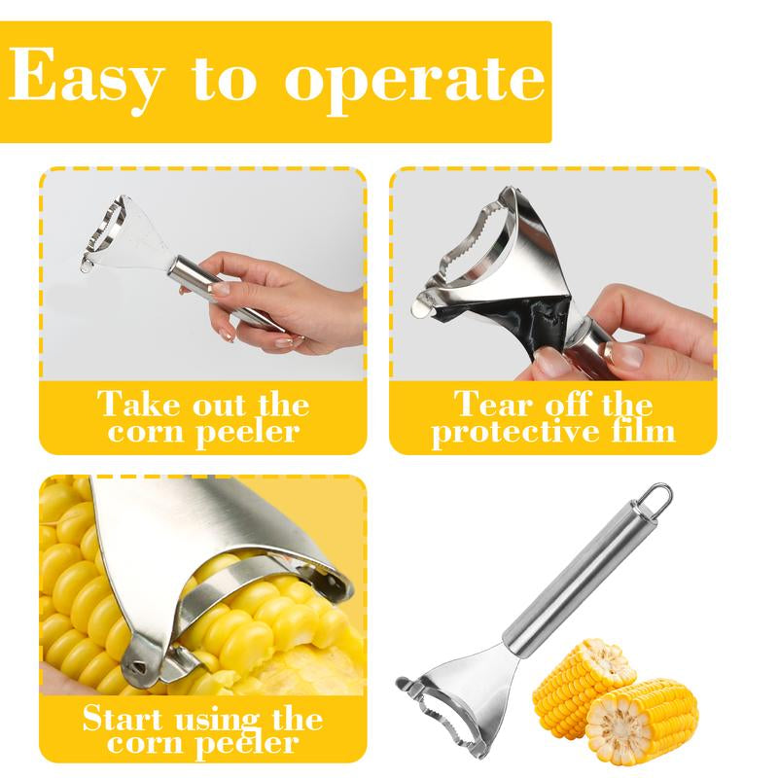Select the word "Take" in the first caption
coord(137,404)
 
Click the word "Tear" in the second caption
coord(494,404)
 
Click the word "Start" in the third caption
coord(123,719)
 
